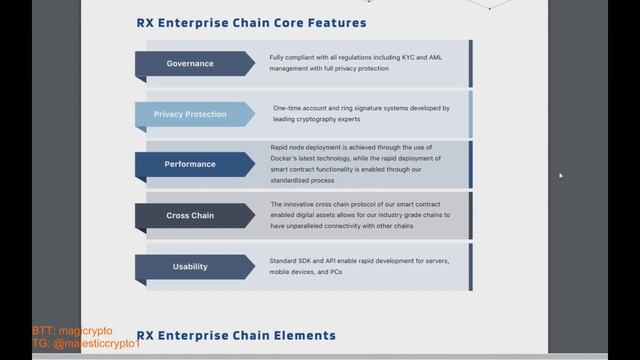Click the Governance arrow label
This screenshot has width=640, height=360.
189,64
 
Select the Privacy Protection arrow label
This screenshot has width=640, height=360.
189,114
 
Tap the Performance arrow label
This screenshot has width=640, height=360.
189,164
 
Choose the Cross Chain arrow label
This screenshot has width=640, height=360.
189,215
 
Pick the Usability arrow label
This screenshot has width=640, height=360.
189,267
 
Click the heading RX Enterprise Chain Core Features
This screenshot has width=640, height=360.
251,22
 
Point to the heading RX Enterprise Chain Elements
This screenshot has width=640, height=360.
236,335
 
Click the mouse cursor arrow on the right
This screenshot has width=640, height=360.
561,176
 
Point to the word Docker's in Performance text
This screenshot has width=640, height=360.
291,156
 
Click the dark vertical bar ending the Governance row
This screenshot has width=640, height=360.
471,63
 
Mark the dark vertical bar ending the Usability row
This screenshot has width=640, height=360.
471,267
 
